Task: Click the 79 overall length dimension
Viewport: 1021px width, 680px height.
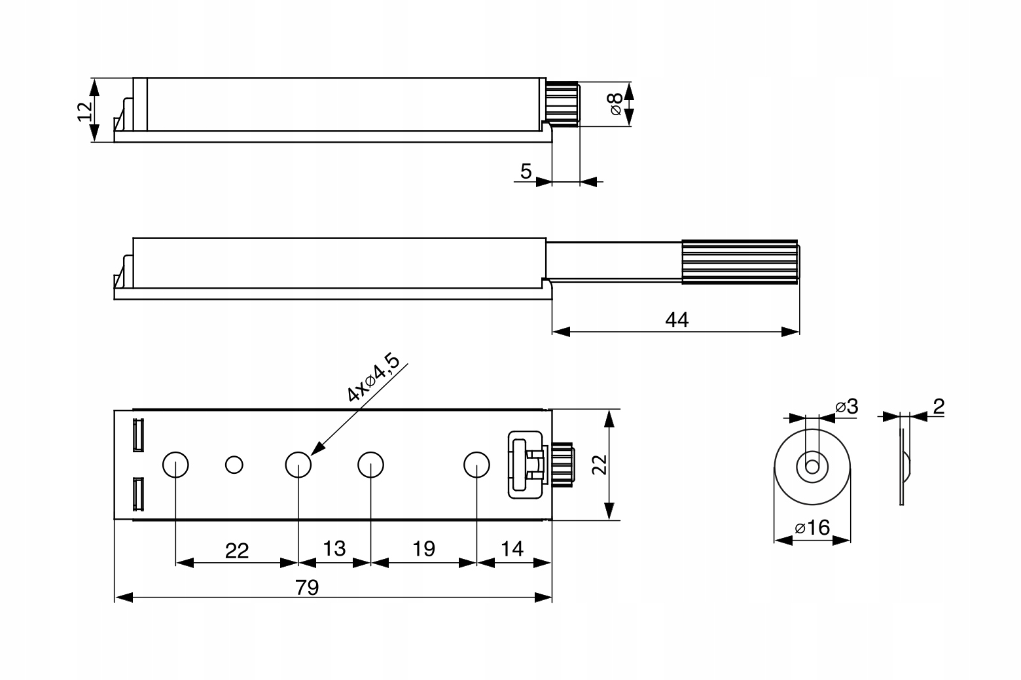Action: [x=306, y=587]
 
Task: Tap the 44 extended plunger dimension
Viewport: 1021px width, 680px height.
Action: [x=677, y=320]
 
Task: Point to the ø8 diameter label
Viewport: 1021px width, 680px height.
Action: [x=616, y=103]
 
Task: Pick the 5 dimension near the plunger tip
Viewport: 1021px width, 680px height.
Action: [x=526, y=171]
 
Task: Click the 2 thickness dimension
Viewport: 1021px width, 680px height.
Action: [x=939, y=406]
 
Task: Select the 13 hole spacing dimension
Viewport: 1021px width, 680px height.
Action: [x=334, y=548]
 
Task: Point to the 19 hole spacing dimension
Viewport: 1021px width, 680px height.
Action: [x=424, y=548]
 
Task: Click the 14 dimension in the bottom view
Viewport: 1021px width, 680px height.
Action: [x=512, y=548]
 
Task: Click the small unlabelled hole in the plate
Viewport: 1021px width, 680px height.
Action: [x=234, y=465]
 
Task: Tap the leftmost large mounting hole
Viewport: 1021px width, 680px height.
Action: [x=175, y=465]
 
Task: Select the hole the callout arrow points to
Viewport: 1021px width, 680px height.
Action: [x=298, y=465]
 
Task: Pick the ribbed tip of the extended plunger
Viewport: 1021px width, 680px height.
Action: [x=740, y=261]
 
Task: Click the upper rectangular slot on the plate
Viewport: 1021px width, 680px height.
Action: [x=137, y=435]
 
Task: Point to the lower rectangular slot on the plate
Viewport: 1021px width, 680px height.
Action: [x=137, y=494]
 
